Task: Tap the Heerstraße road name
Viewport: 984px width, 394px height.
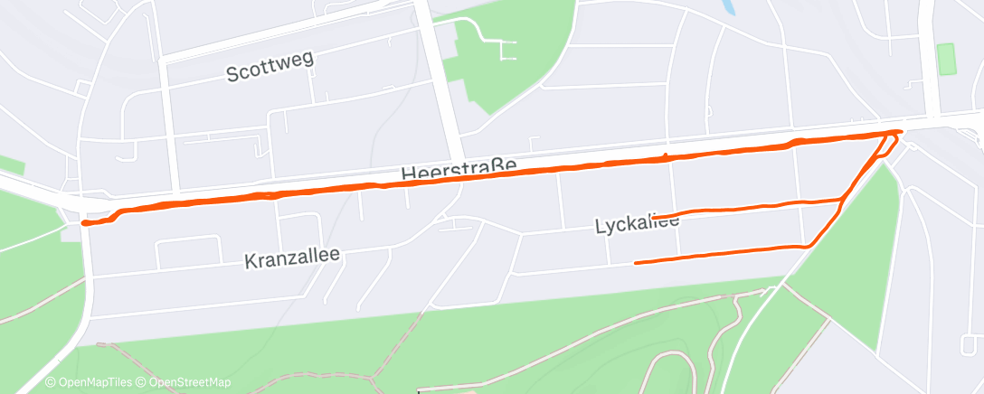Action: point(459,169)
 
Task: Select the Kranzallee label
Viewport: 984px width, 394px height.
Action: point(292,258)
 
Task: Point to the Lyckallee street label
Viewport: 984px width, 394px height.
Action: point(637,223)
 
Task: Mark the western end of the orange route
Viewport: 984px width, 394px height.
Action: point(84,221)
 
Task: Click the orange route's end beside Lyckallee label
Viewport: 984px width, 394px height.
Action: point(653,217)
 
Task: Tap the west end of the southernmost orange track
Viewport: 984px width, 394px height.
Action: point(636,263)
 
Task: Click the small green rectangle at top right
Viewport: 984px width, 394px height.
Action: point(947,60)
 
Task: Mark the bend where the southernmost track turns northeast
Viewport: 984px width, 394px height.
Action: point(808,245)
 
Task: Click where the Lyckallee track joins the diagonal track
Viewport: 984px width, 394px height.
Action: point(842,199)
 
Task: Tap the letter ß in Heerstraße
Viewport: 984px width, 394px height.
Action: point(496,167)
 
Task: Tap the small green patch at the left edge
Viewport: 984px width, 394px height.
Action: point(11,164)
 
